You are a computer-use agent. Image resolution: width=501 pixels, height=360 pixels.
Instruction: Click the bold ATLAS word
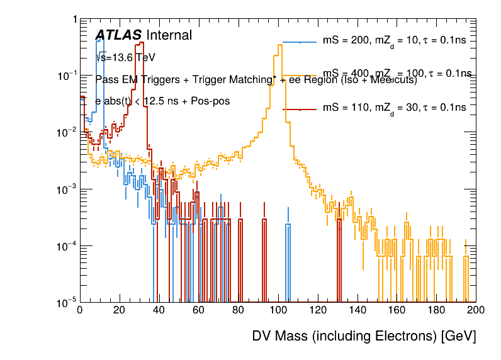coord(118,36)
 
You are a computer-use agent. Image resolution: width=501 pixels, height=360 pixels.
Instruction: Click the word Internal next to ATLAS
coord(169,36)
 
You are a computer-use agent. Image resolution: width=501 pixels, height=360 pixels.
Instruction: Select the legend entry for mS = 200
coord(394,42)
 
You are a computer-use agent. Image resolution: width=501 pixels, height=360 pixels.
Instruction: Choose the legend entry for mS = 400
coord(394,74)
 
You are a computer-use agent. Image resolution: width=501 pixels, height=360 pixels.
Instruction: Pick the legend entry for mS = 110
coord(394,108)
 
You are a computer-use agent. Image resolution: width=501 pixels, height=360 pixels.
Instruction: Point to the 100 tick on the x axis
coord(278,310)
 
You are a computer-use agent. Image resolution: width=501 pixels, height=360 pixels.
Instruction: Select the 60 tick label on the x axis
coord(198,310)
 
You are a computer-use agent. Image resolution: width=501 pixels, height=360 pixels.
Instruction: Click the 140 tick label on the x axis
coord(357,310)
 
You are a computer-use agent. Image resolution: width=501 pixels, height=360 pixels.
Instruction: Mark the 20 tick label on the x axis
coord(119,310)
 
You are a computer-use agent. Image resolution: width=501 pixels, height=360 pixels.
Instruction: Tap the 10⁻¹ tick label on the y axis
coord(66,76)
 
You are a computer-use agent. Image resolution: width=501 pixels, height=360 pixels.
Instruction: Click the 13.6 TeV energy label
coord(125,58)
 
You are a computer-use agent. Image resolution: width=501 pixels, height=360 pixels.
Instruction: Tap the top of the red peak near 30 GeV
coord(142,43)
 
